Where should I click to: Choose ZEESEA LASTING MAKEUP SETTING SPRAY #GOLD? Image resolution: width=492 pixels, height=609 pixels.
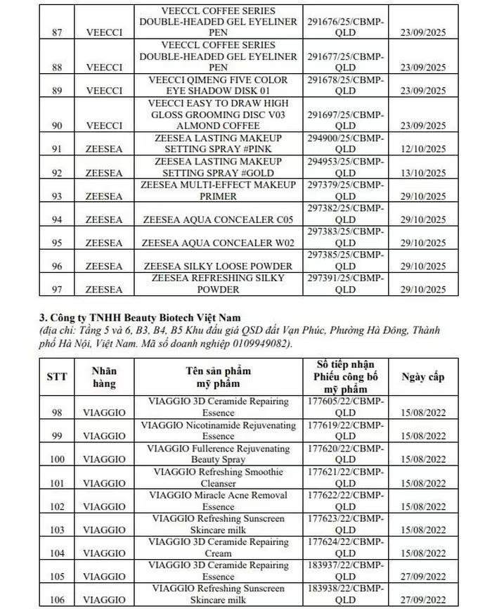pos(219,167)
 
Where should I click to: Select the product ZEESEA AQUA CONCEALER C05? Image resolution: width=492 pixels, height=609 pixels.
pos(219,219)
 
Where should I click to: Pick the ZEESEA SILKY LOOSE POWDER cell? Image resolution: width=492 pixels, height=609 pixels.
pos(219,267)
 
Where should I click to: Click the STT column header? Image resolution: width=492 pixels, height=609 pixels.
pos(56,377)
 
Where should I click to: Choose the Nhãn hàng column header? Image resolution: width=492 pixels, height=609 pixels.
pos(105,377)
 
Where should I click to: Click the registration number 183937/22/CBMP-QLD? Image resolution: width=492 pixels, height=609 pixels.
pos(346,571)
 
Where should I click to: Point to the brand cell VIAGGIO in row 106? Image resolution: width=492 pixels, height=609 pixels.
pos(105,601)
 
